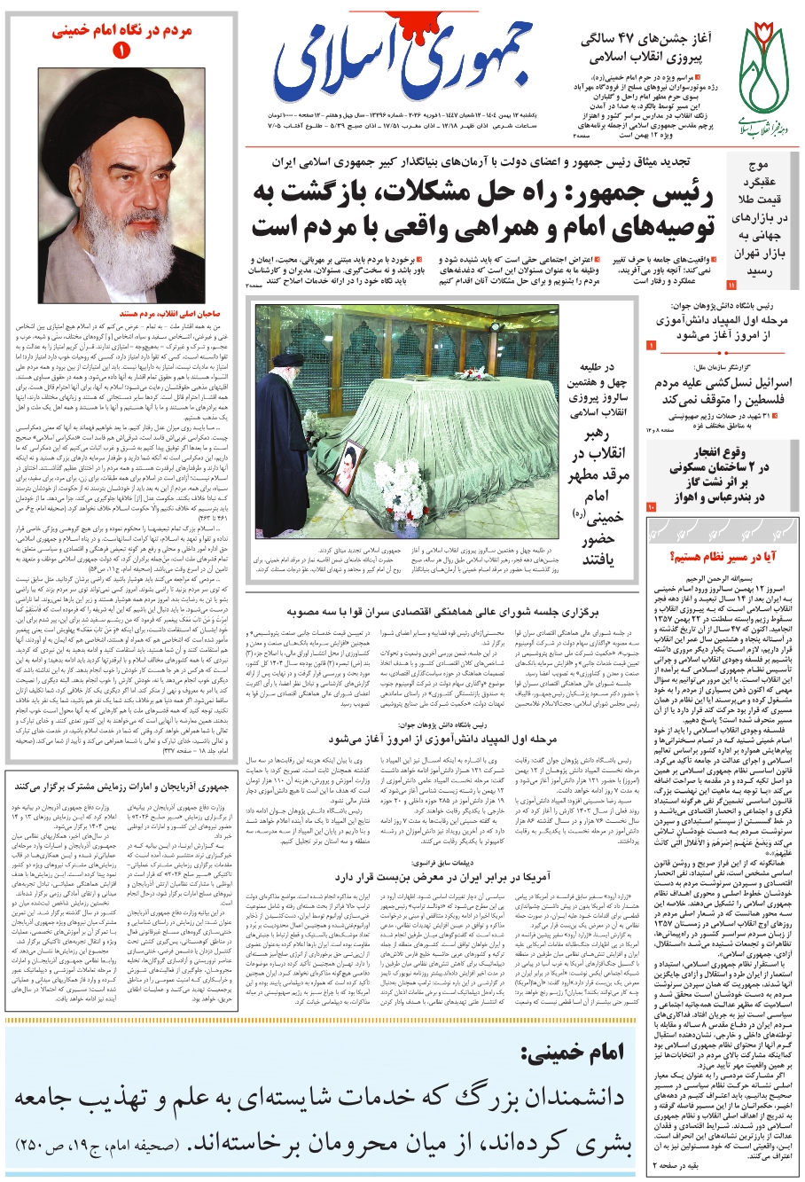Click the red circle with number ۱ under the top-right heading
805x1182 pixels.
[121, 52]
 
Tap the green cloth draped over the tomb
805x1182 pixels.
[443, 426]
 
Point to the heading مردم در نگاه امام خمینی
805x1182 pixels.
[121, 29]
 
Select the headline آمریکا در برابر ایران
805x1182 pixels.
[452, 875]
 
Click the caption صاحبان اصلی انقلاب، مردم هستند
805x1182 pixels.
[121, 314]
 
